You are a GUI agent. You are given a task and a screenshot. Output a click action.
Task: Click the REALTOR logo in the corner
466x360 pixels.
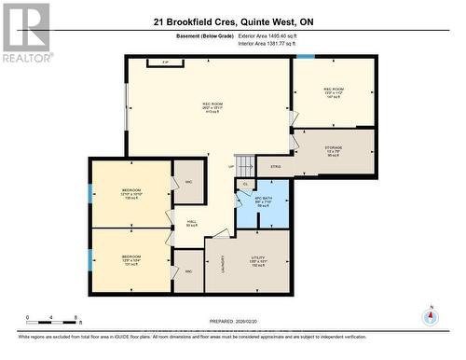(x=25, y=32)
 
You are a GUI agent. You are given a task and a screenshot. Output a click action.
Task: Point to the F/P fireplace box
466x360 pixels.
(x=165, y=63)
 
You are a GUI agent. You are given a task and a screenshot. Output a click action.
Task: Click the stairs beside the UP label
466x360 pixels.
(x=244, y=165)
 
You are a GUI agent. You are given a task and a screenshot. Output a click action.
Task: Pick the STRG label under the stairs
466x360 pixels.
(x=275, y=168)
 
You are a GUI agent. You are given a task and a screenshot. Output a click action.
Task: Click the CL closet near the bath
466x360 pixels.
(x=245, y=185)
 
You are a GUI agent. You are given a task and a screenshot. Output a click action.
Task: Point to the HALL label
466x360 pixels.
(x=192, y=223)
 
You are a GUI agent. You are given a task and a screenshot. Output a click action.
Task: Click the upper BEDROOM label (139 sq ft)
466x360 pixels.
(x=130, y=194)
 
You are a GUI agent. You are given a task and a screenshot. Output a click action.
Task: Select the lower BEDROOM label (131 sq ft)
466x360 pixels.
(x=130, y=259)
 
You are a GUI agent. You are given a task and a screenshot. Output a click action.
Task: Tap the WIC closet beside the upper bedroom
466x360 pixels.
(x=188, y=181)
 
